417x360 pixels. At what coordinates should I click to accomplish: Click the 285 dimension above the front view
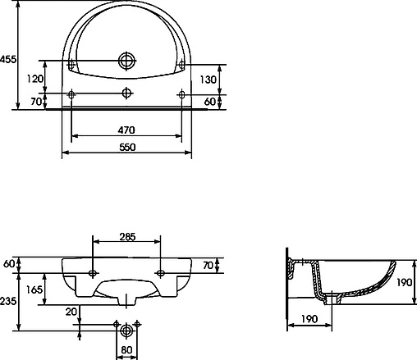pyautogui.click(x=127, y=237)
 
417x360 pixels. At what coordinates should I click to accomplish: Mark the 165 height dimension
pyautogui.click(x=34, y=289)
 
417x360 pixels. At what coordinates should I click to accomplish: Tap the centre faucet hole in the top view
pyautogui.click(x=126, y=93)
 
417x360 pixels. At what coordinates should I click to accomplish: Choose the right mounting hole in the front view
pyautogui.click(x=161, y=271)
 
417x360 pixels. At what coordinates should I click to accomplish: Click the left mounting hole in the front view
pyautogui.click(x=93, y=271)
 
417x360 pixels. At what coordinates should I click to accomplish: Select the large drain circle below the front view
pyautogui.click(x=126, y=332)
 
